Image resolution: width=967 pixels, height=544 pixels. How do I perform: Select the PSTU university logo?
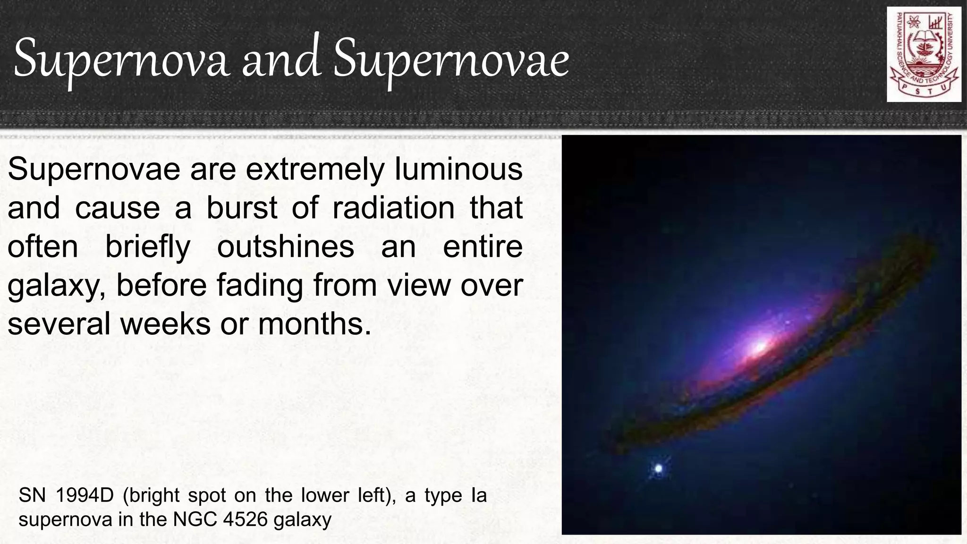pyautogui.click(x=924, y=54)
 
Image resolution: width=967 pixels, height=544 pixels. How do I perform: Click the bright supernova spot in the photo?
pyautogui.click(x=659, y=469)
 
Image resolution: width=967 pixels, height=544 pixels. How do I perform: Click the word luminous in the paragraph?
pyautogui.click(x=458, y=170)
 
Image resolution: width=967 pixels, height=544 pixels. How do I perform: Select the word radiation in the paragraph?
pyautogui.click(x=393, y=208)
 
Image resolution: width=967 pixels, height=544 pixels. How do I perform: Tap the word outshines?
pyautogui.click(x=285, y=247)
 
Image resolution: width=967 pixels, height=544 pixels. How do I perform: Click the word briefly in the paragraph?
pyautogui.click(x=147, y=247)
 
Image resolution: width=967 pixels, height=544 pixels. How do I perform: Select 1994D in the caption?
pyautogui.click(x=85, y=495)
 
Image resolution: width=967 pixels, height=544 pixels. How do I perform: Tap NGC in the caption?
pyautogui.click(x=194, y=519)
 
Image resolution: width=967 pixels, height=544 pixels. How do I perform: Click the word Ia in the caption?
pyautogui.click(x=478, y=495)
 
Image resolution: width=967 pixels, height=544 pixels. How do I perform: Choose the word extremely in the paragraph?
pyautogui.click(x=315, y=170)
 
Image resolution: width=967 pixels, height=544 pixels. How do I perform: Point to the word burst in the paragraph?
pyautogui.click(x=241, y=208)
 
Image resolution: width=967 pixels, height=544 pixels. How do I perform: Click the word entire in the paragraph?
pyautogui.click(x=483, y=247)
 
